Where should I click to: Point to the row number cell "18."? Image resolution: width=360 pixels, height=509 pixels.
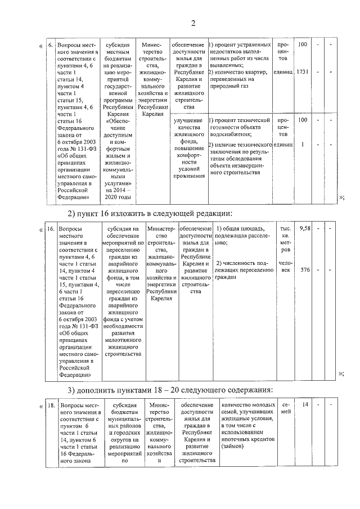50,405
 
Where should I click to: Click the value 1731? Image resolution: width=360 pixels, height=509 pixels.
302,72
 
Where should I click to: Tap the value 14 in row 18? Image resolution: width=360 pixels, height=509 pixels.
305,404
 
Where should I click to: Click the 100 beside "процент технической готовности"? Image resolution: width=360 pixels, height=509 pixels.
303,120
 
